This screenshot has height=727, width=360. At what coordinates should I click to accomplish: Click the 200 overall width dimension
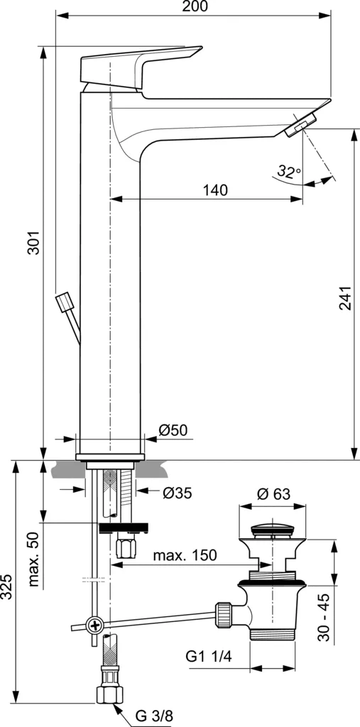click(x=195, y=7)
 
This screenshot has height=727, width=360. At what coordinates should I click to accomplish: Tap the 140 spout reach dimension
click(x=215, y=190)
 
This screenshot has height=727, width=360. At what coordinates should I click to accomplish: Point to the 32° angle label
click(x=288, y=171)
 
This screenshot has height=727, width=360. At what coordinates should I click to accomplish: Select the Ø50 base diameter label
click(x=173, y=430)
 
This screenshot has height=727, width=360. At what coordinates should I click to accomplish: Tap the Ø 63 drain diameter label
click(x=273, y=495)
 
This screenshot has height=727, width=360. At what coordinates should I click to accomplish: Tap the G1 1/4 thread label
click(x=209, y=656)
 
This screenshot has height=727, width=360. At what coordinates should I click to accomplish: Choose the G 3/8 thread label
click(x=153, y=716)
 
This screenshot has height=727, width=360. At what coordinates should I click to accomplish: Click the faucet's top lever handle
click(x=142, y=66)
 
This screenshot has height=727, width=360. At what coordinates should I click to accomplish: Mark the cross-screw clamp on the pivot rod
click(x=95, y=625)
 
